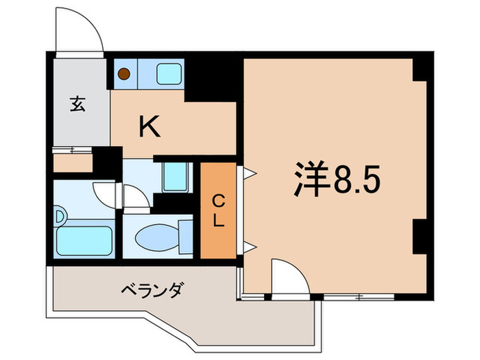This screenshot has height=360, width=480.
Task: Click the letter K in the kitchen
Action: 150,127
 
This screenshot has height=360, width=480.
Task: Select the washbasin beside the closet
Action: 176,178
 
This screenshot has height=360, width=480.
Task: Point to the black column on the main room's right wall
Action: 419,237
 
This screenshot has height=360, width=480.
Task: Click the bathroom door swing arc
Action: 106,194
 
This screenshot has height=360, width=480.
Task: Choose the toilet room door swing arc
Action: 136,197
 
